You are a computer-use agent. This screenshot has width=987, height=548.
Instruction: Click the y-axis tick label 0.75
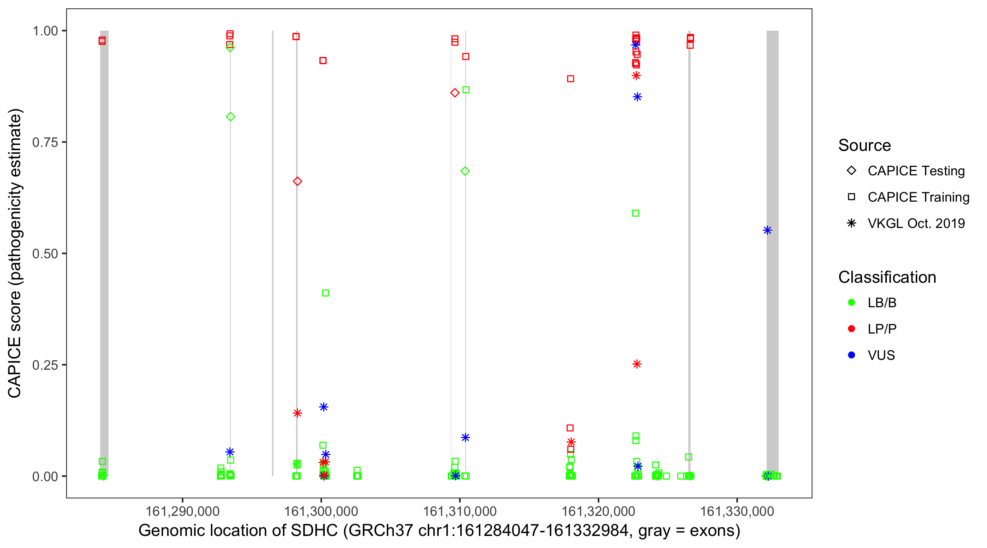45,142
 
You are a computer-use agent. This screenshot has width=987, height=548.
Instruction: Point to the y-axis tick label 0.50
45,254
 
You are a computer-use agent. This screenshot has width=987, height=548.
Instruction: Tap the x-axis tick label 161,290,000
182,511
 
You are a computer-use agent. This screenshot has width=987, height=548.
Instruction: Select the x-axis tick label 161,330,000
737,511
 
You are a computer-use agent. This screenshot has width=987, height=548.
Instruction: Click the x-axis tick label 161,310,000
460,511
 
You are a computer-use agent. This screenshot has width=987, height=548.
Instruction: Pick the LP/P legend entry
882,329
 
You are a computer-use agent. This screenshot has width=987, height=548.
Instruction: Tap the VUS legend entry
881,355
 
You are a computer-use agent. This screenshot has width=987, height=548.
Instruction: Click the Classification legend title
887,277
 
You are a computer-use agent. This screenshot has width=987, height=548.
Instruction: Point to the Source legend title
865,145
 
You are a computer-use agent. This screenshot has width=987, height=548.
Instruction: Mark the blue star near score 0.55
767,230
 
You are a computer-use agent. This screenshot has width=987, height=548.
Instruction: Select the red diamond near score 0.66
297,181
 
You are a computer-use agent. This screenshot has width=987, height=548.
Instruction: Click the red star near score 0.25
637,364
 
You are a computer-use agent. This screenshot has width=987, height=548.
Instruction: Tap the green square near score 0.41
325,293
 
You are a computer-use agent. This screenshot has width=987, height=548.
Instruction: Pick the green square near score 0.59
635,213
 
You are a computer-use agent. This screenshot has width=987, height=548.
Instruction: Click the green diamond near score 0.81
230,117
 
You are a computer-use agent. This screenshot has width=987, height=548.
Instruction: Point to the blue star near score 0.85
637,97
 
